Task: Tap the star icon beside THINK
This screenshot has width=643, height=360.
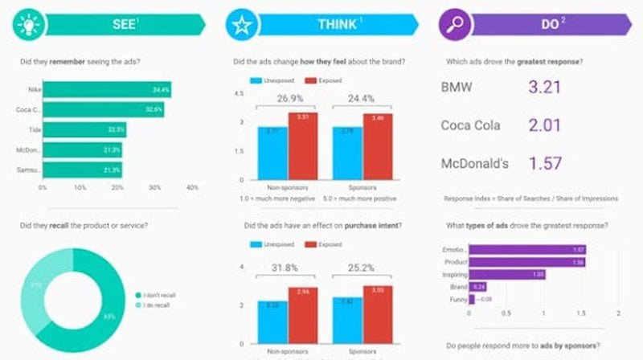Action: (240, 24)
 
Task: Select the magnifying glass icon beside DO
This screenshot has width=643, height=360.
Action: (454, 24)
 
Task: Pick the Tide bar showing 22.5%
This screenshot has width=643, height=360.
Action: (85, 129)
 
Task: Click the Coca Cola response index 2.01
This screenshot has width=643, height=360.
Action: (547, 125)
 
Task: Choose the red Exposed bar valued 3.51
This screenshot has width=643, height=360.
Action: (303, 148)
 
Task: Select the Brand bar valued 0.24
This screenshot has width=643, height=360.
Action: (478, 286)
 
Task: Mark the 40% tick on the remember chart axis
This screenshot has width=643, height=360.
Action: (191, 187)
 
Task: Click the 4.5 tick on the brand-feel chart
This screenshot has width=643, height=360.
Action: (239, 94)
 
